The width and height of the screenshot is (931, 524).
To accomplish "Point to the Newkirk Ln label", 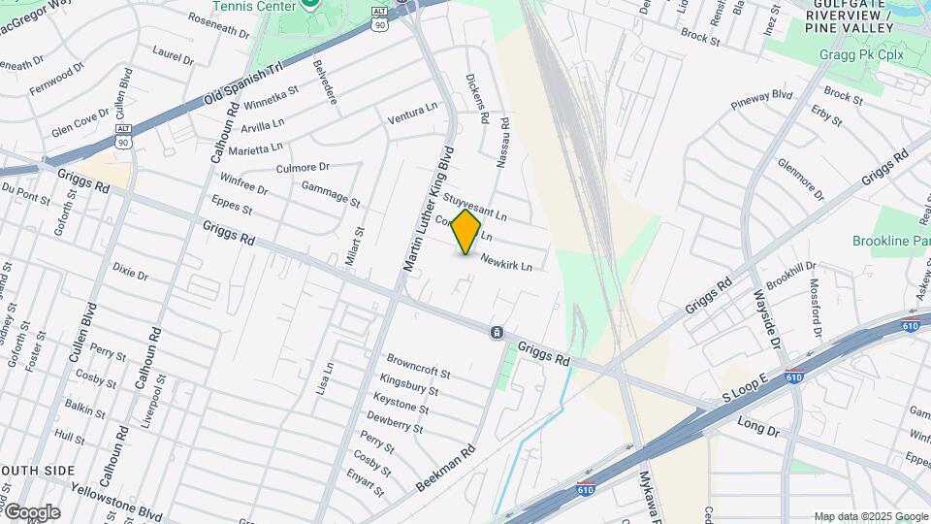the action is [x=507, y=263].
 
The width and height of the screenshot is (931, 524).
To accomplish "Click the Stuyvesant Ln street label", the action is [x=475, y=205].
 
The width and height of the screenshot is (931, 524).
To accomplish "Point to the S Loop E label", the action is [x=744, y=387].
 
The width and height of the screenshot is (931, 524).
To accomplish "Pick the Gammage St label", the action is [x=331, y=193].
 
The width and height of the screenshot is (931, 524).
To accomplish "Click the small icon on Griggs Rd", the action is [x=497, y=333].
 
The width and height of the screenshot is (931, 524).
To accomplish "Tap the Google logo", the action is [x=31, y=512].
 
